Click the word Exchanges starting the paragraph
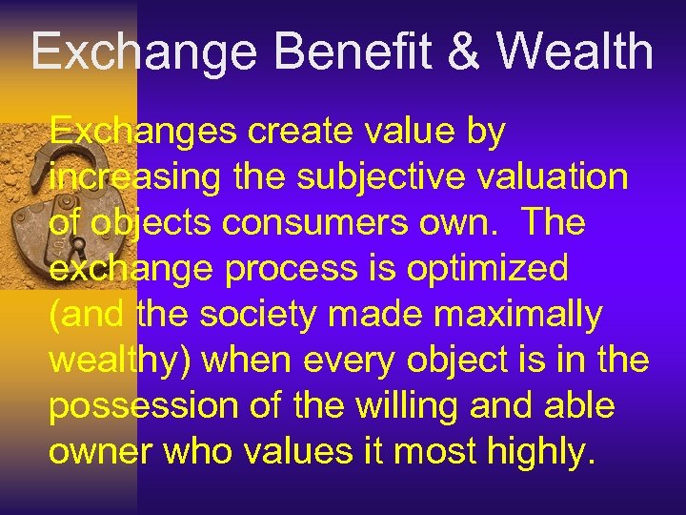(143, 132)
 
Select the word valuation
(539, 177)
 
